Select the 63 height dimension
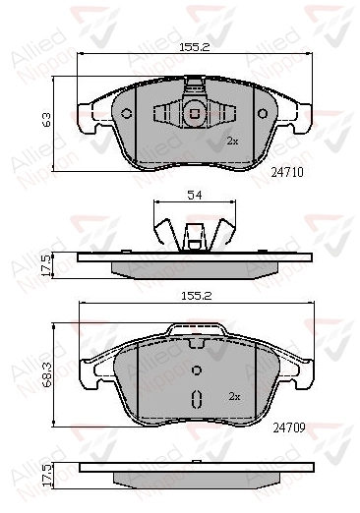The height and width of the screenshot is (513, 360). pyautogui.click(x=46, y=120)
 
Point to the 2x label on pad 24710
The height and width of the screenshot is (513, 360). pyautogui.click(x=233, y=142)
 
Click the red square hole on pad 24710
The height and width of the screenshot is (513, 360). pyautogui.click(x=194, y=113)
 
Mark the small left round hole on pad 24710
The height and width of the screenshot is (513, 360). pyautogui.click(x=127, y=114)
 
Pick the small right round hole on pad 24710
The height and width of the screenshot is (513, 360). pyautogui.click(x=261, y=114)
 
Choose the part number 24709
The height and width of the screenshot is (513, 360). pyautogui.click(x=285, y=427)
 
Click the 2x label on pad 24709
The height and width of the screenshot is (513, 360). pyautogui.click(x=234, y=397)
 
